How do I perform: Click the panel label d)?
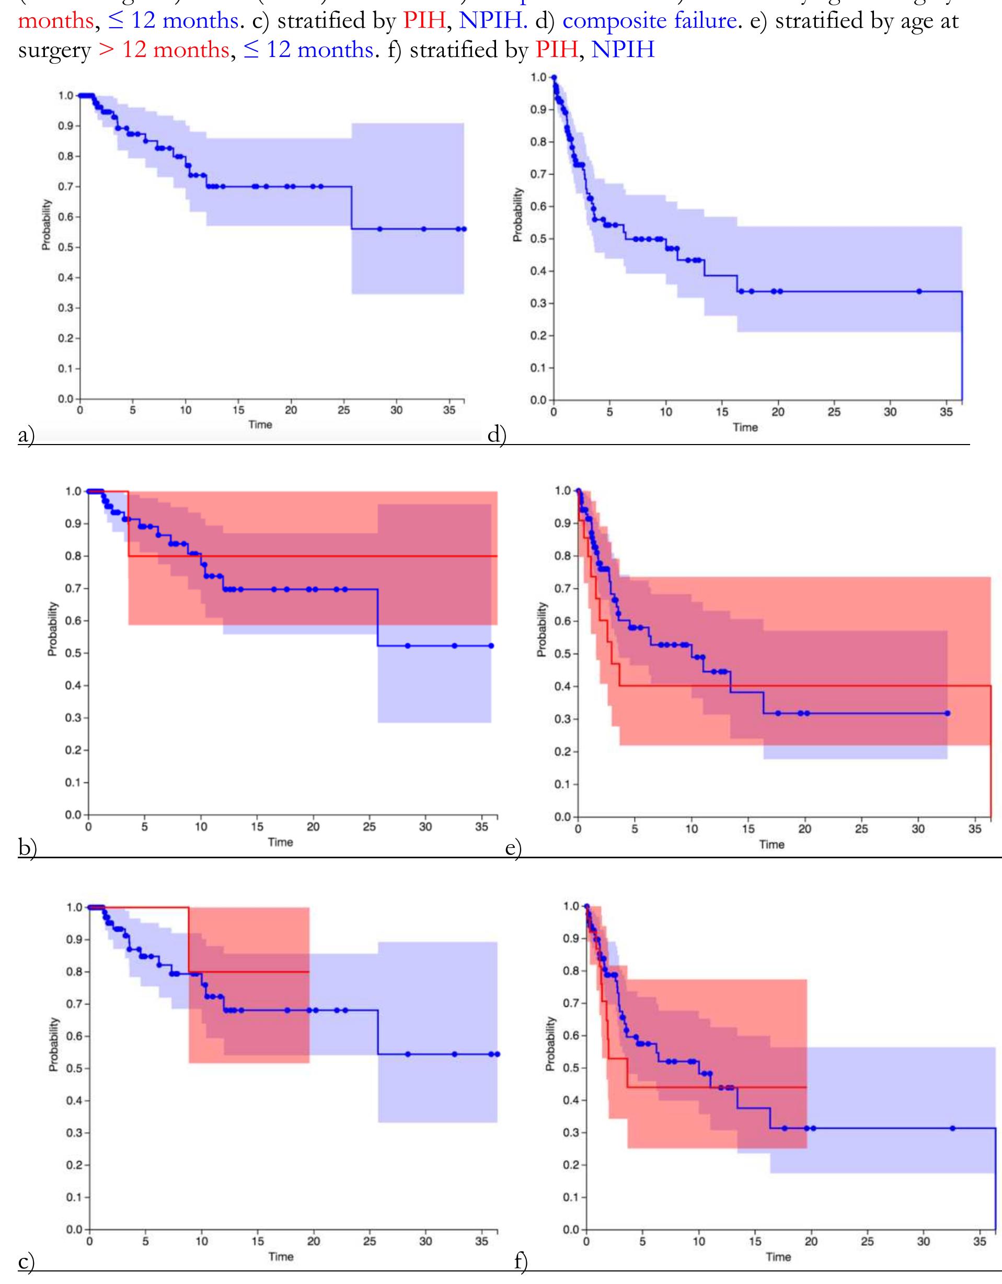pyautogui.click(x=497, y=436)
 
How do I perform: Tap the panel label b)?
pyautogui.click(x=27, y=848)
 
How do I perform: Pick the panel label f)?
pyautogui.click(x=521, y=1262)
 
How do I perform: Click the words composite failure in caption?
pyautogui.click(x=649, y=21)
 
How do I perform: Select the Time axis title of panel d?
pyautogui.click(x=745, y=427)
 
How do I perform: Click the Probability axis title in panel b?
pyautogui.click(x=53, y=629)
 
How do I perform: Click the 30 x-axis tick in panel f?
pyautogui.click(x=923, y=1242)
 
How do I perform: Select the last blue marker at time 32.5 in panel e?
pyautogui.click(x=947, y=714)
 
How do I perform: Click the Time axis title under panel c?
pyautogui.click(x=280, y=1257)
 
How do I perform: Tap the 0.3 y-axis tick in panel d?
pyautogui.click(x=538, y=303)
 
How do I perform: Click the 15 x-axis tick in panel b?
pyautogui.click(x=257, y=826)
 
